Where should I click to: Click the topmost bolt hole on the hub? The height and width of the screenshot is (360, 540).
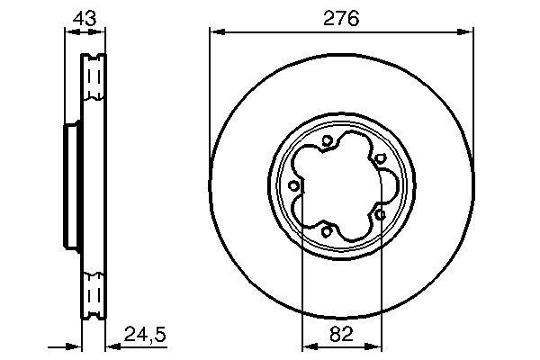pyautogui.click(x=327, y=140)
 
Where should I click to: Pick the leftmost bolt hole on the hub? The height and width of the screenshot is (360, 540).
pyautogui.click(x=294, y=186)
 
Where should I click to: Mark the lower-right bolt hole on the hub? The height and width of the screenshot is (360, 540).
pyautogui.click(x=380, y=214)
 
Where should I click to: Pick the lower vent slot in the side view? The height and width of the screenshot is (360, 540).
pyautogui.click(x=93, y=292)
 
